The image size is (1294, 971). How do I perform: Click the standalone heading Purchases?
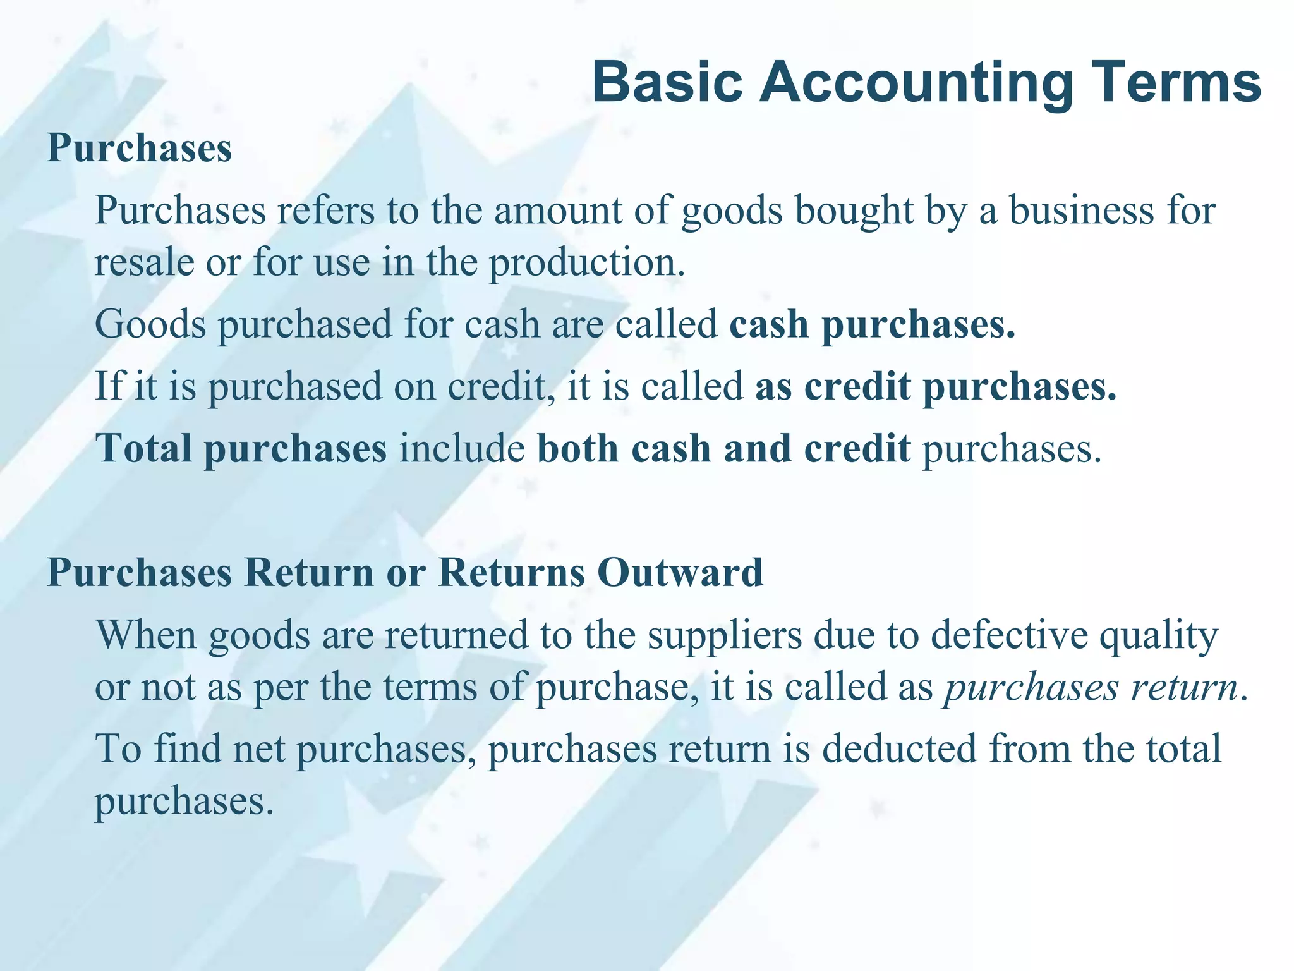(x=140, y=148)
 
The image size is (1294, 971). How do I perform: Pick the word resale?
(x=145, y=262)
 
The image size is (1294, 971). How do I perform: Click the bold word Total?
(x=144, y=448)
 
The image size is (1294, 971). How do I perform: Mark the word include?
(x=462, y=448)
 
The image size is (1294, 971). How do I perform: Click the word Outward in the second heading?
(x=680, y=573)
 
